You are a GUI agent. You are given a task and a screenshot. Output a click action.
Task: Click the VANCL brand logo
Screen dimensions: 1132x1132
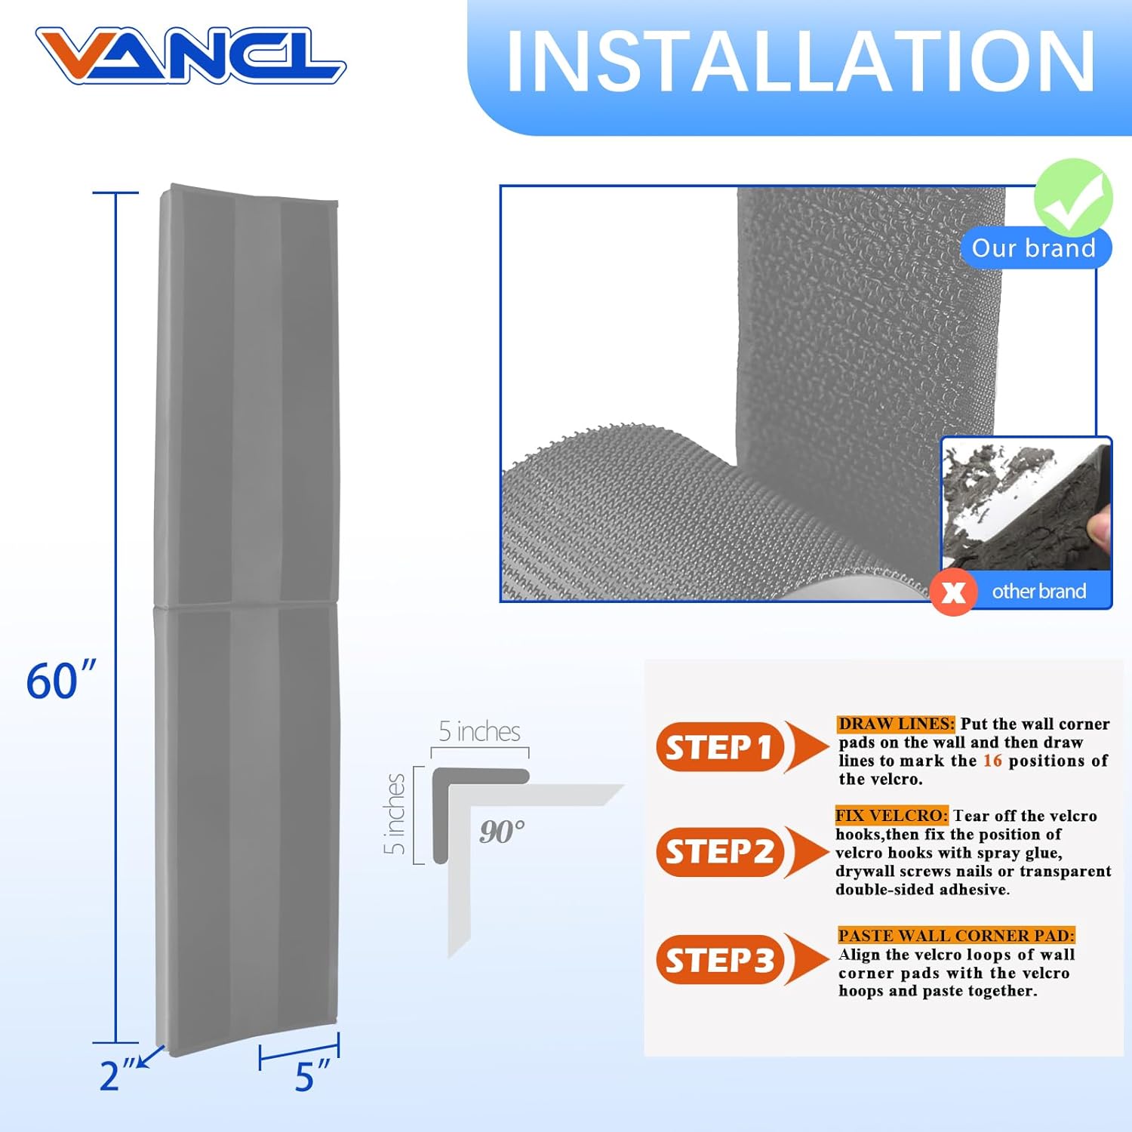coord(190,55)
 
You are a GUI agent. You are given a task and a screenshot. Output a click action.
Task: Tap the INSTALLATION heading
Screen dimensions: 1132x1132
coord(800,63)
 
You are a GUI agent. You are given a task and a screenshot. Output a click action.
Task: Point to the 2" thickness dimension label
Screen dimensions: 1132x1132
coord(117,1075)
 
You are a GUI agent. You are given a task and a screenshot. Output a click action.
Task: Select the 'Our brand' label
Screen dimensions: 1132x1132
coord(1033,248)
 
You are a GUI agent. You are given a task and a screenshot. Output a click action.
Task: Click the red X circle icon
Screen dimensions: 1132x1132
coord(954,592)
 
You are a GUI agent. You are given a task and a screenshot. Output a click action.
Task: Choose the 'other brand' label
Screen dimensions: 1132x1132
coord(1038,592)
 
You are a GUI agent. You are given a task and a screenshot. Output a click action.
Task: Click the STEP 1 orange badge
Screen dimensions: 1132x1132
coord(719,747)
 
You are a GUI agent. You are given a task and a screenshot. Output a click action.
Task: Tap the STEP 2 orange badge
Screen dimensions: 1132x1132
coord(719,851)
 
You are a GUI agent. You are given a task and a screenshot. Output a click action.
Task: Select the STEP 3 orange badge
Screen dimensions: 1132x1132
coord(719,960)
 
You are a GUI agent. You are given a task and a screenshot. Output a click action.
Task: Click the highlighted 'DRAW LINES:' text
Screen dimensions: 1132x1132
coord(896,724)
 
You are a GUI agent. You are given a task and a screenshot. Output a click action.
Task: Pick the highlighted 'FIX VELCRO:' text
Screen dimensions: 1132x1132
coord(891,816)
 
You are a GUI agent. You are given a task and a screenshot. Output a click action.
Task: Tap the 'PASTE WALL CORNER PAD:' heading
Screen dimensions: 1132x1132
coord(956,936)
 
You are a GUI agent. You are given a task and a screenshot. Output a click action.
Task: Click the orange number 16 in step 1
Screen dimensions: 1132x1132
coord(992,761)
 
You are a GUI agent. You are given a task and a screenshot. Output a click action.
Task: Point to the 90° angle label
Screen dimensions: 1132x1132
coord(502,832)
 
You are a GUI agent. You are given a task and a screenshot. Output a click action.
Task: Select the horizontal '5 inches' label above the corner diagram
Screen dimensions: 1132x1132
coord(479,731)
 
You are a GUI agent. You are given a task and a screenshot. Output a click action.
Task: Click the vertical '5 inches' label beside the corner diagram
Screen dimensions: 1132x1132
coord(395,814)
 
